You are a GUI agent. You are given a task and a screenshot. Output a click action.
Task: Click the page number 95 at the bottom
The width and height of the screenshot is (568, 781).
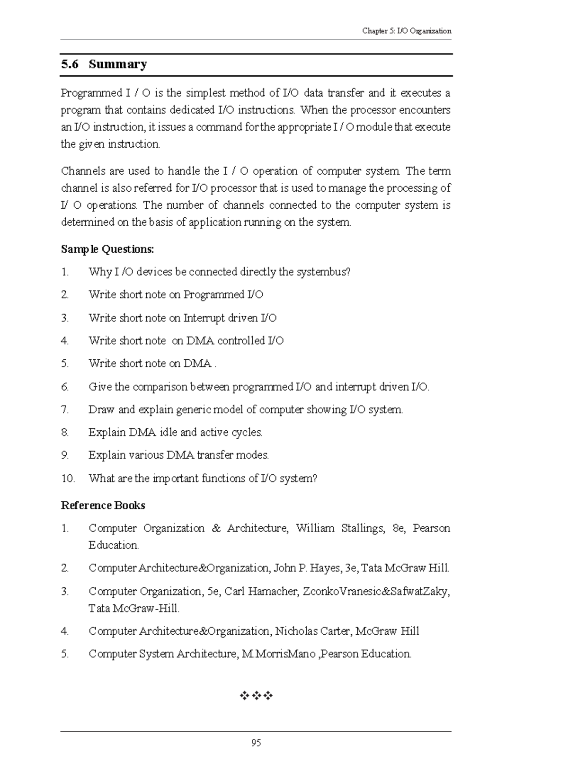coord(256,743)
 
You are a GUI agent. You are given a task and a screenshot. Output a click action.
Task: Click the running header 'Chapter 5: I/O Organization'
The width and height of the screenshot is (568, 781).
coord(407,31)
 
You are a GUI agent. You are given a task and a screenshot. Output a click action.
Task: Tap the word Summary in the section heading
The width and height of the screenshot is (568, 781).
coord(117,64)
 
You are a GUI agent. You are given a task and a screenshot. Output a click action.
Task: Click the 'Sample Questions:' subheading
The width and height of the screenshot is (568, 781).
coord(107,249)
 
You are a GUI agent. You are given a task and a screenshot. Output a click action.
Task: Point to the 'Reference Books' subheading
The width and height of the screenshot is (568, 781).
coord(103,506)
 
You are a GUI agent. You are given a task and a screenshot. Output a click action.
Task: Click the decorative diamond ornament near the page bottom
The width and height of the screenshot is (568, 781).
coord(256,695)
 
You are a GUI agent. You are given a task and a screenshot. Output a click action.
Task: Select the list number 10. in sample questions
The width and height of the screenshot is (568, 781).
coord(68,479)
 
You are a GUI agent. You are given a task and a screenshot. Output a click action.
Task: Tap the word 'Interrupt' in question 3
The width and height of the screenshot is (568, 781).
coord(204,318)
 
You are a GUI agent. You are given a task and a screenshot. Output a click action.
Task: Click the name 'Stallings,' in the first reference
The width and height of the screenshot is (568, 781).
coord(363,528)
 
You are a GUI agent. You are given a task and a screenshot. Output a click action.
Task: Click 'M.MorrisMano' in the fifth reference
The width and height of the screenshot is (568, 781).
coord(278,654)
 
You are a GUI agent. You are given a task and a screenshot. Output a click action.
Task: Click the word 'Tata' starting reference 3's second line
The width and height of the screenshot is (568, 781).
coord(99,609)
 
